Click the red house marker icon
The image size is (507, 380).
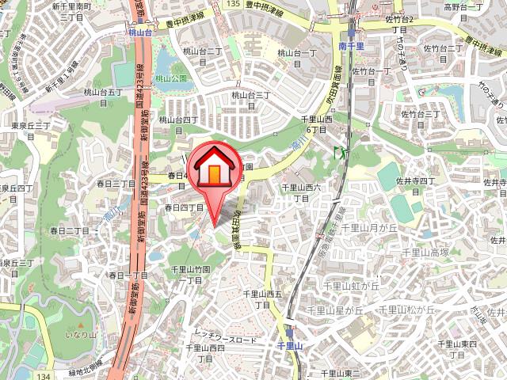click(x=214, y=168)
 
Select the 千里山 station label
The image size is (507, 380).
click(x=290, y=346)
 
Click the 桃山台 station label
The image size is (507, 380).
click(x=139, y=35)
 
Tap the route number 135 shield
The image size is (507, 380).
click(x=231, y=4)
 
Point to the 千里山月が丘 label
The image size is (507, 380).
click(x=373, y=227)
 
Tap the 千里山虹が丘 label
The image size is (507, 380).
click(x=352, y=283)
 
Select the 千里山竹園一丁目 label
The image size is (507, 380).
click(x=191, y=275)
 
